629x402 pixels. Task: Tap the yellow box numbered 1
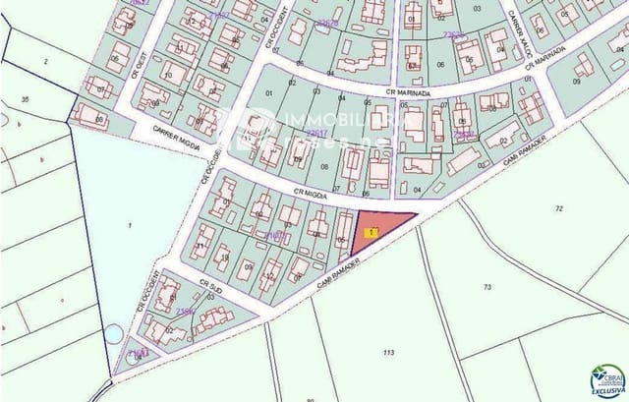369,233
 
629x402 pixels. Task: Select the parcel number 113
388,351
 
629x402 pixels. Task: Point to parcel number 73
486,287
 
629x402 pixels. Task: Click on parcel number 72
559,208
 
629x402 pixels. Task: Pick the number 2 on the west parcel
45,61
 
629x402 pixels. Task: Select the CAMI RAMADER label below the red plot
339,273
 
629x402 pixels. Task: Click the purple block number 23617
315,132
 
